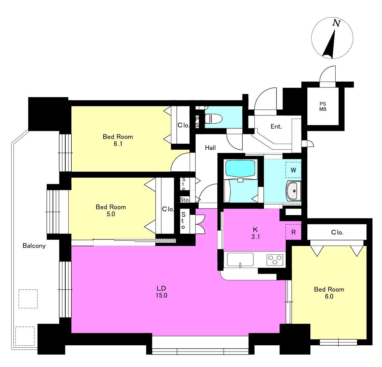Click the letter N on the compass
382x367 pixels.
click(336, 23)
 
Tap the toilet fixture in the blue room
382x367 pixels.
click(213, 119)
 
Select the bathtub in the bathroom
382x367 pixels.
click(241, 169)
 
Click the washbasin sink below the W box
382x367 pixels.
click(294, 191)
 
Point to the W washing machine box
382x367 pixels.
click(293, 170)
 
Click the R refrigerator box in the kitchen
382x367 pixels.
click(293, 232)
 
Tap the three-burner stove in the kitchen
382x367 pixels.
click(275, 259)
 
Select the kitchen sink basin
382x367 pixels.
click(240, 259)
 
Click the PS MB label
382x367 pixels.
click(323, 107)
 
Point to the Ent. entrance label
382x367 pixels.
click(276, 127)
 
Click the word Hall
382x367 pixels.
click(210, 148)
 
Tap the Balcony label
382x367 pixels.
click(34, 246)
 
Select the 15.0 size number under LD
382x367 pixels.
click(161, 295)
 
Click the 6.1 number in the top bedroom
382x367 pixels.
click(118, 144)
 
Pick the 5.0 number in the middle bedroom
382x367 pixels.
click(111, 214)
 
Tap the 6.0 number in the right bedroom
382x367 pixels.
click(329, 296)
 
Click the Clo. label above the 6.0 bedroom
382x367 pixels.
click(337, 232)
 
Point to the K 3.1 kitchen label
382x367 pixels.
click(255, 233)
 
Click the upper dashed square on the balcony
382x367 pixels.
click(28, 299)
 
